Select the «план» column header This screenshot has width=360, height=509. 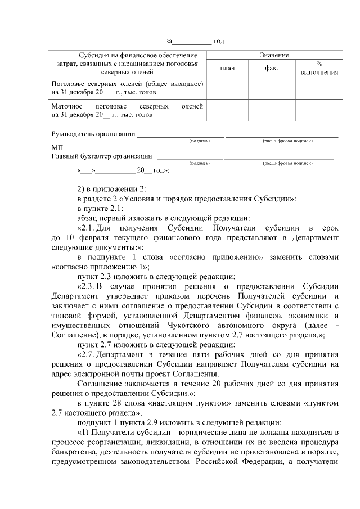pyautogui.click(x=228, y=68)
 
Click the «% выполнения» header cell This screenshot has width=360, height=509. pyautogui.click(x=318, y=68)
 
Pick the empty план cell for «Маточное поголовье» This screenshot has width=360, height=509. pyautogui.click(x=228, y=110)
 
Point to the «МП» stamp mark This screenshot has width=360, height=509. pyautogui.click(x=56, y=147)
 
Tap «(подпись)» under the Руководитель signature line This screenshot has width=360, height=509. pyautogui.click(x=200, y=140)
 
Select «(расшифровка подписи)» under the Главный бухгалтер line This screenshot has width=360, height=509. pyautogui.click(x=287, y=163)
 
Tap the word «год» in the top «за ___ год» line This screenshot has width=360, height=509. pyautogui.click(x=219, y=41)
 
